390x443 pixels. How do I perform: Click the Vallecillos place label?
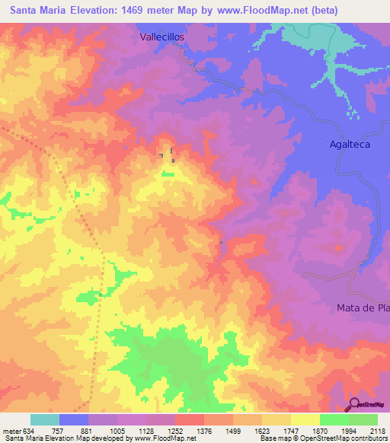coord(163,36)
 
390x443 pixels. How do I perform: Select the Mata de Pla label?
coord(363,308)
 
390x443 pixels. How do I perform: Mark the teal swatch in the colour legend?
coord(45,419)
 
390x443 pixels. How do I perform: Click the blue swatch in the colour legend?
coord(74,419)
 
